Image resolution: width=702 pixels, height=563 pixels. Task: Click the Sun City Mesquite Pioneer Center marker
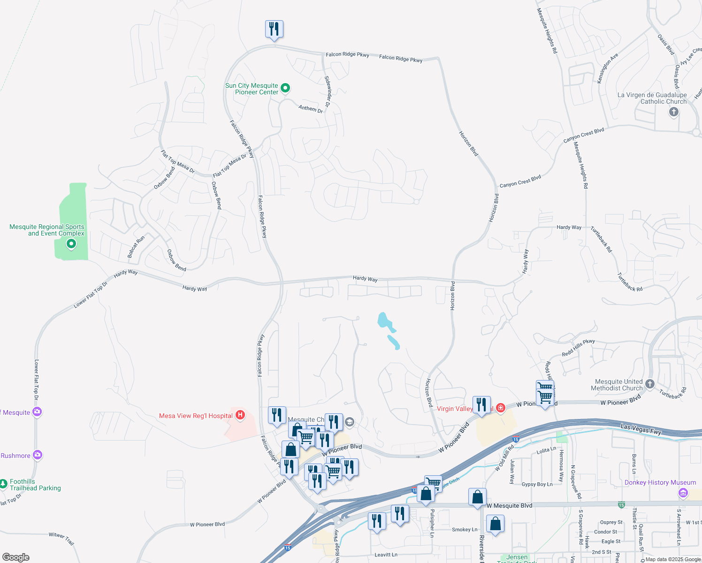click(x=285, y=88)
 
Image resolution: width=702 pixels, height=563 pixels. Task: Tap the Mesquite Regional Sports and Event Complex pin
click(x=71, y=243)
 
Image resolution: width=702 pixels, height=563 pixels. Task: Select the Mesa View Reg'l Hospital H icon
click(x=240, y=415)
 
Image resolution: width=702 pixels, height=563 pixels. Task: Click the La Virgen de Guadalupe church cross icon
click(x=674, y=112)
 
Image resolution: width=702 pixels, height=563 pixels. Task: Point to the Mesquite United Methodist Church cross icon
click(x=650, y=384)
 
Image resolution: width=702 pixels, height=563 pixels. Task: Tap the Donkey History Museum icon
click(x=683, y=493)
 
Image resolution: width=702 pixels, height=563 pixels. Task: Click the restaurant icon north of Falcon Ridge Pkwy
click(x=274, y=30)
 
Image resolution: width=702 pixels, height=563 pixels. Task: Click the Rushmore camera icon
click(x=38, y=455)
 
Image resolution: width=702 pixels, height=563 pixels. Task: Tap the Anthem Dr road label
click(x=311, y=108)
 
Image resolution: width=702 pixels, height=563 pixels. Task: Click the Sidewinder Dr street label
click(x=328, y=91)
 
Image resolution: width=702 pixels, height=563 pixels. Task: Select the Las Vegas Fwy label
click(x=641, y=429)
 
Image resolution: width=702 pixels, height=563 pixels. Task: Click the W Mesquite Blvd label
click(x=509, y=506)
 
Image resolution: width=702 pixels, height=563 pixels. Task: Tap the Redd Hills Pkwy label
click(x=578, y=348)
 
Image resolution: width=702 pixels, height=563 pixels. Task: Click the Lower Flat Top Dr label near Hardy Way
click(x=91, y=295)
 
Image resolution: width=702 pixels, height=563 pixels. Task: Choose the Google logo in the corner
click(x=15, y=557)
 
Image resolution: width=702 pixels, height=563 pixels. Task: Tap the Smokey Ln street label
click(x=465, y=530)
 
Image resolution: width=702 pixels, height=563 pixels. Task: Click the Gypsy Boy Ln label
click(x=537, y=484)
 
